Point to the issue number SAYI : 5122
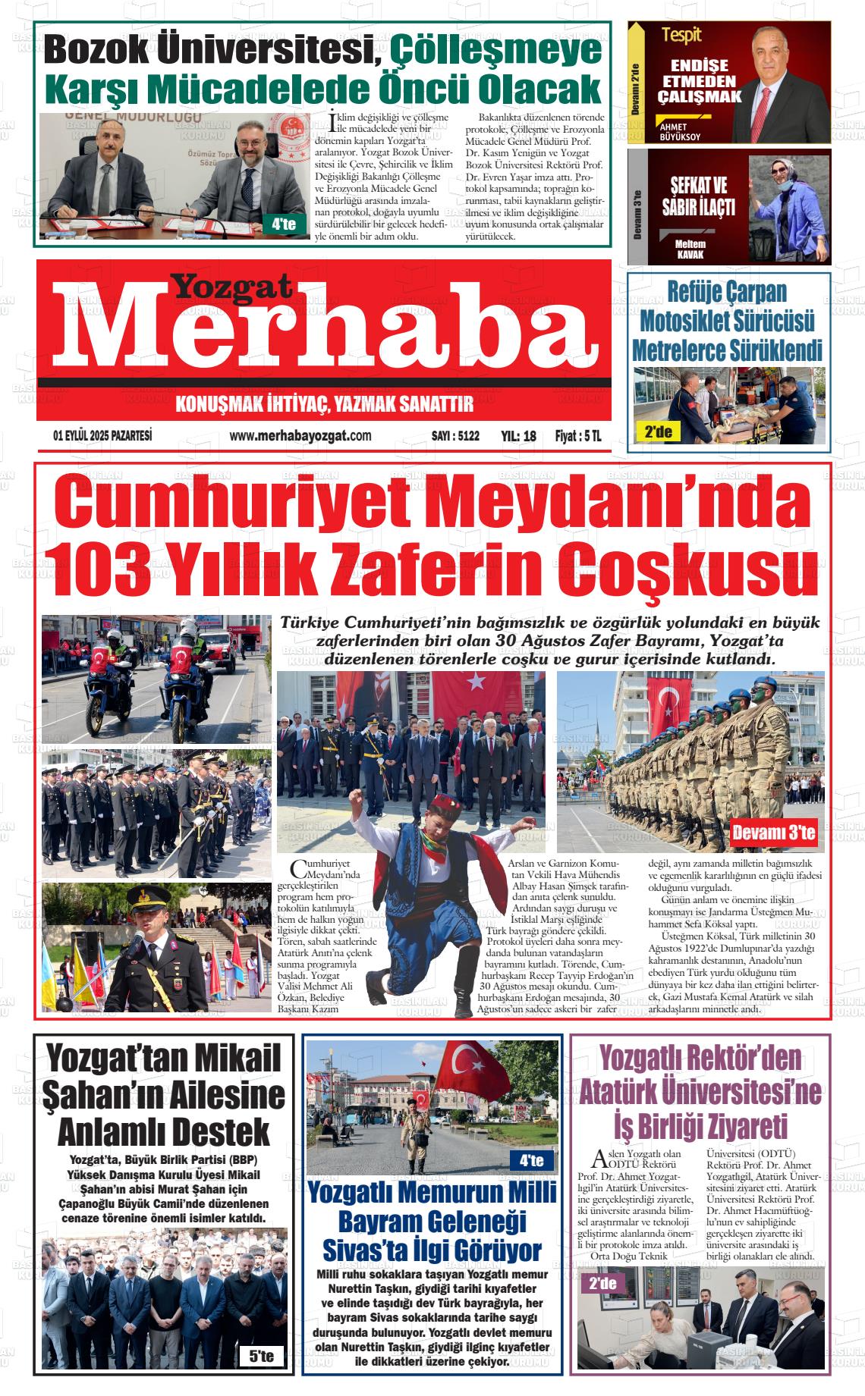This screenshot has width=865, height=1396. coord(455,436)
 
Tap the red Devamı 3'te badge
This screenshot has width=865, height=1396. coord(773,833)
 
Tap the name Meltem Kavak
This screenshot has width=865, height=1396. coord(690,249)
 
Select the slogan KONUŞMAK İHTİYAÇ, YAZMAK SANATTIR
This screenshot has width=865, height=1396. coord(324,404)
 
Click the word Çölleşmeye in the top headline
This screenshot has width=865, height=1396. coord(495,52)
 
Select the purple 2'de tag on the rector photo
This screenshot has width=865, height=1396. coord(602,1284)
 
